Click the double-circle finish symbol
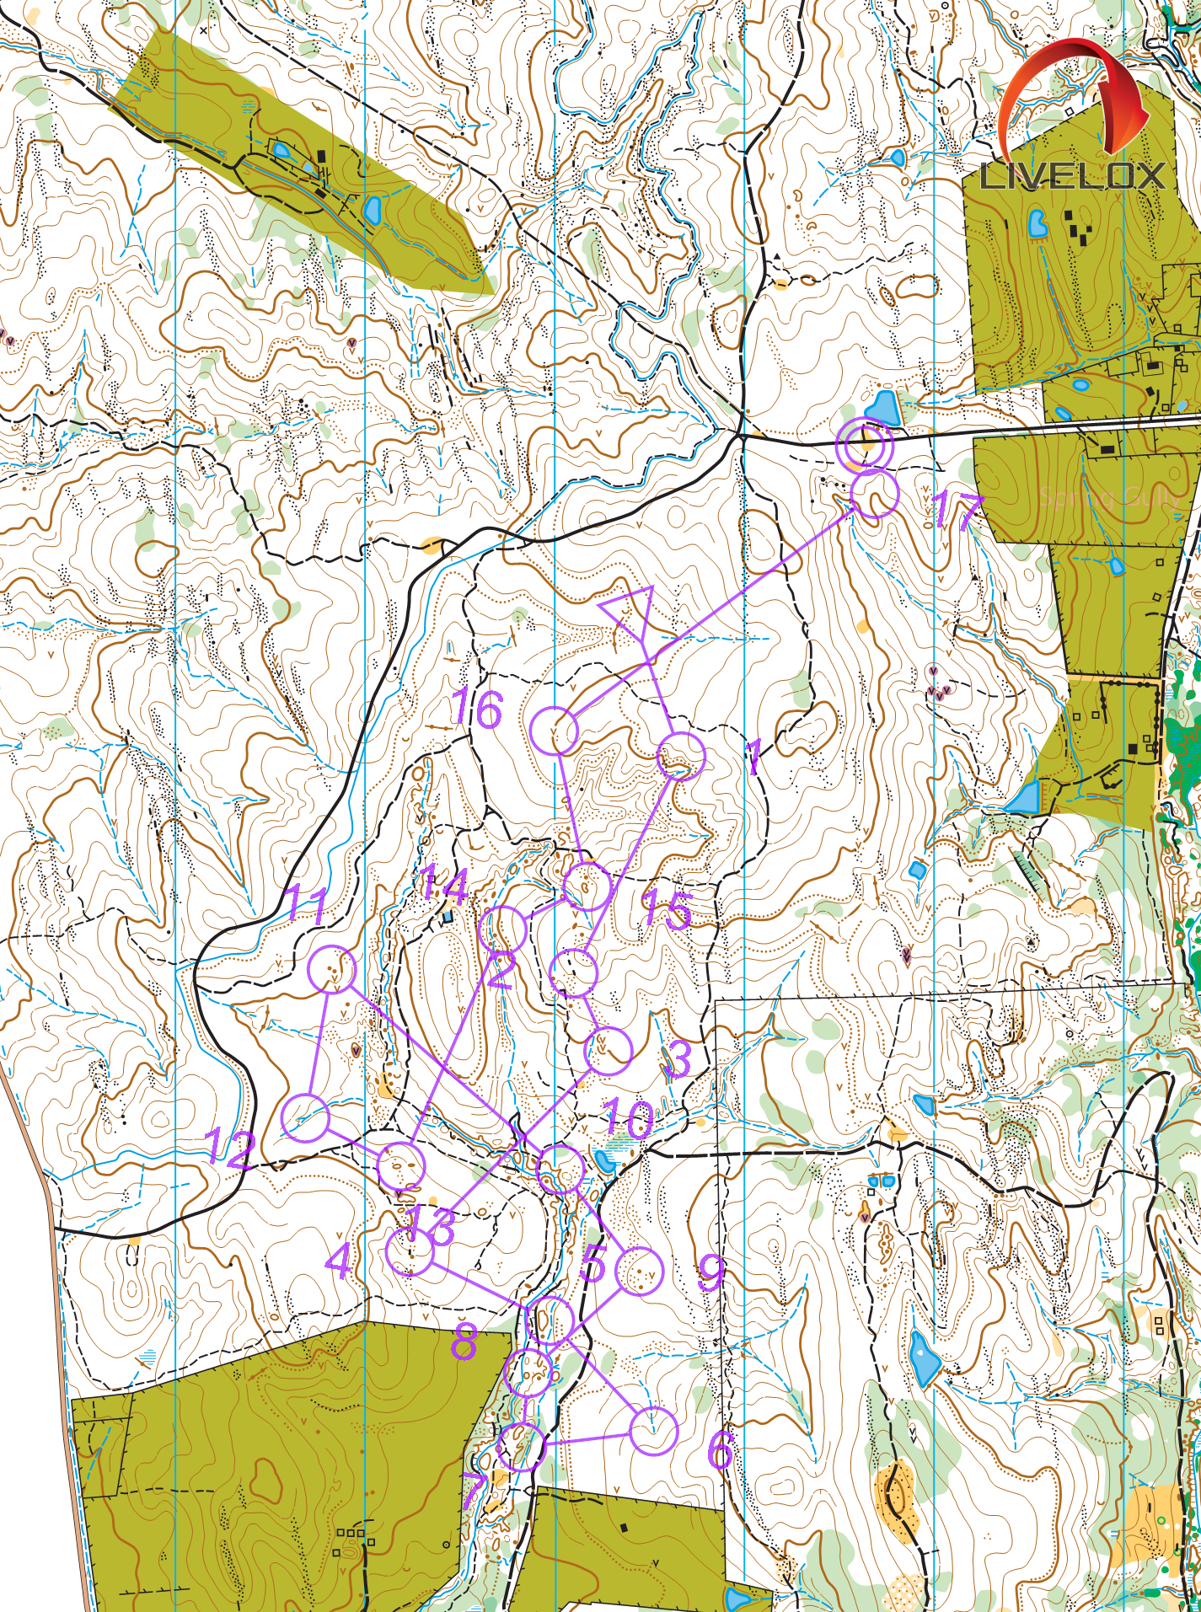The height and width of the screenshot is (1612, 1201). (x=865, y=443)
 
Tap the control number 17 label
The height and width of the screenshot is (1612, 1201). (x=957, y=509)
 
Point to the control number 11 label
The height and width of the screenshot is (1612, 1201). (x=307, y=906)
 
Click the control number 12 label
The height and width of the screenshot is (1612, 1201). (x=229, y=1148)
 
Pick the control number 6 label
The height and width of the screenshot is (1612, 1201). (x=721, y=1449)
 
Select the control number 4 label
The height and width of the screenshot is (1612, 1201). (x=339, y=1261)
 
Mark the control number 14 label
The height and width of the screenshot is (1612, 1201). (x=444, y=886)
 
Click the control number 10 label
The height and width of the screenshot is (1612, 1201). (x=629, y=1118)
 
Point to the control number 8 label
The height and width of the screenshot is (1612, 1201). (x=464, y=1342)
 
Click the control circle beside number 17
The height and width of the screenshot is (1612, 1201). (x=875, y=494)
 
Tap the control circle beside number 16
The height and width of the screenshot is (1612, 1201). (x=555, y=731)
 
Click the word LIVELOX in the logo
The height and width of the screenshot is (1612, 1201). (x=1072, y=176)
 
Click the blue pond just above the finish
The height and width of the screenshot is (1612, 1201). (x=882, y=408)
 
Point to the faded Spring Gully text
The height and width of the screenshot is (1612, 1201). (x=1108, y=497)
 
